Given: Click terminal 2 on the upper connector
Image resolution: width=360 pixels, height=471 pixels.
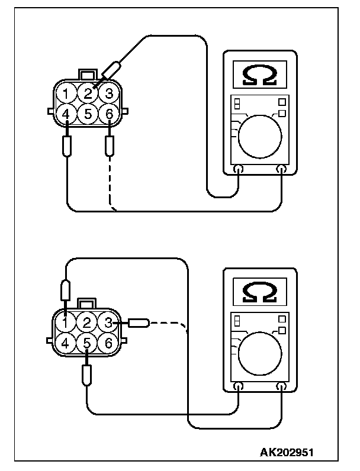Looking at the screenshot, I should pyautogui.click(x=88, y=93).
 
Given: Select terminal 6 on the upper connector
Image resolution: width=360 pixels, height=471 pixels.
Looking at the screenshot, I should pyautogui.click(x=107, y=113).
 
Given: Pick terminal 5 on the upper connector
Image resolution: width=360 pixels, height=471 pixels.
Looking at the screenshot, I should pyautogui.click(x=88, y=113).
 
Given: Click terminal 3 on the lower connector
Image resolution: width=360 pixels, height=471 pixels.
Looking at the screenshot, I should pyautogui.click(x=107, y=322).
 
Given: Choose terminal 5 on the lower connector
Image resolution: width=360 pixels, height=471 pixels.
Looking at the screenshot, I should pyautogui.click(x=87, y=342).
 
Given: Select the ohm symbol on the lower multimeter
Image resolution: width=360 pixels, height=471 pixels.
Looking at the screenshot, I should pyautogui.click(x=259, y=292).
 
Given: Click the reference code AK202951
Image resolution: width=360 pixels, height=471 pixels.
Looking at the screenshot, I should pyautogui.click(x=288, y=453).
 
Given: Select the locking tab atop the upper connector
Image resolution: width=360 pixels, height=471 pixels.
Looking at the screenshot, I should pyautogui.click(x=88, y=75).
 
